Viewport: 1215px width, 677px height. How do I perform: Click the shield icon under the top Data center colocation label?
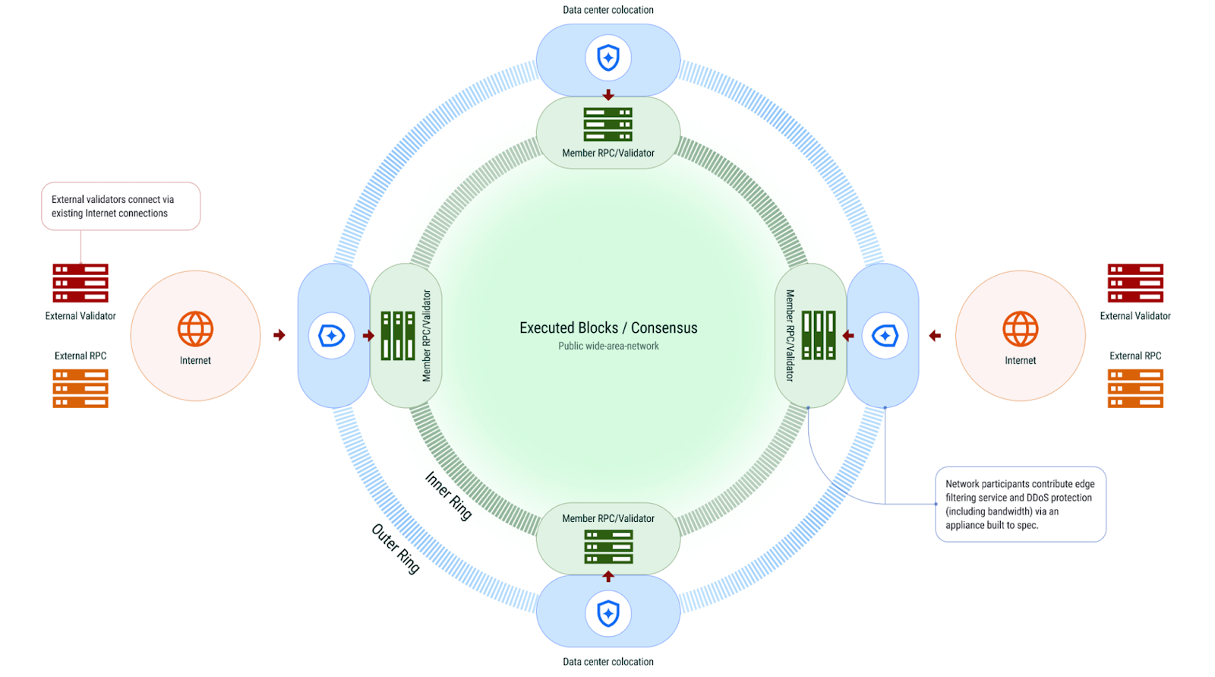[608, 58]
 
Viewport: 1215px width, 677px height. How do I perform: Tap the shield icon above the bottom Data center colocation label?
[608, 613]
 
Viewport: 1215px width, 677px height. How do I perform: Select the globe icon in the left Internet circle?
[195, 329]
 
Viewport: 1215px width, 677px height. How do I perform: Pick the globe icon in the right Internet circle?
[1020, 329]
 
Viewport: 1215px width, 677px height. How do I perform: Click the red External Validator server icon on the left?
[80, 283]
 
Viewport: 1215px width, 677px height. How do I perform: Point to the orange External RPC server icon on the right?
[1135, 388]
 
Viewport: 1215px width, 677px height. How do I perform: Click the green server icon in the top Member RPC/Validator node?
[608, 124]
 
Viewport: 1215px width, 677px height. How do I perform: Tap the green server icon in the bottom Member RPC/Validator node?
[608, 547]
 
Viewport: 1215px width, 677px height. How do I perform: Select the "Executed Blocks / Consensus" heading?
[608, 327]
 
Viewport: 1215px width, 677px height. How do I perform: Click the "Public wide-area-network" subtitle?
[608, 346]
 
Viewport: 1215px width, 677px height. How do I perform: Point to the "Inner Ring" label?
[448, 495]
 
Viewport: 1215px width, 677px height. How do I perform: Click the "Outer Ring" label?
[395, 549]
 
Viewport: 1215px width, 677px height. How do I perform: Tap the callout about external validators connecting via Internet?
[121, 206]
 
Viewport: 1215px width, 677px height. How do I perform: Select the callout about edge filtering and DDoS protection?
[1020, 504]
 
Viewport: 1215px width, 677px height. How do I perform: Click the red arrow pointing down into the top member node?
[608, 95]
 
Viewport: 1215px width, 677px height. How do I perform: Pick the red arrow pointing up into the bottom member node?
[608, 577]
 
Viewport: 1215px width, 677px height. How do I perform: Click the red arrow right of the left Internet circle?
[279, 335]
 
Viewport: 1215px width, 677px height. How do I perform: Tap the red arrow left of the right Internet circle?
[935, 335]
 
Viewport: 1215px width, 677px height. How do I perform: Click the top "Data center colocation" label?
[608, 10]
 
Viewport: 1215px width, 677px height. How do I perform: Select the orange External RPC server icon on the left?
[80, 388]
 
